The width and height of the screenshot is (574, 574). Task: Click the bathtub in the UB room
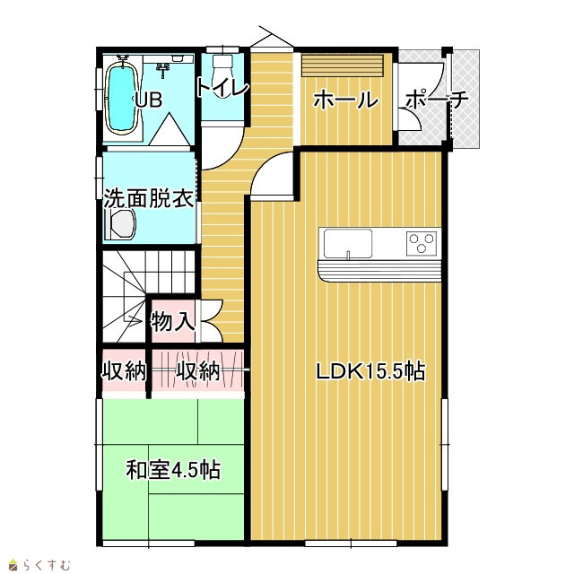(122, 98)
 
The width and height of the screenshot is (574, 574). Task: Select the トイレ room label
(223, 88)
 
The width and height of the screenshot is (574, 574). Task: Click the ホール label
(346, 100)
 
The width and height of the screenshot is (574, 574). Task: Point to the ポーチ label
(437, 99)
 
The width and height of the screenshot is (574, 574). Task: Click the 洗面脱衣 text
(148, 199)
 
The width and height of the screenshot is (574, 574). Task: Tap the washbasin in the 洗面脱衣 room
(120, 224)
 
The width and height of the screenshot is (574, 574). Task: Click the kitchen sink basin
(348, 243)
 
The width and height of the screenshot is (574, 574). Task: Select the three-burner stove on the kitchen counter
(422, 243)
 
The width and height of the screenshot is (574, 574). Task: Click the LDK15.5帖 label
(370, 371)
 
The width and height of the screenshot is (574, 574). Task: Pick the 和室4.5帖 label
(173, 470)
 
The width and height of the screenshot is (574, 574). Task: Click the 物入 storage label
(172, 322)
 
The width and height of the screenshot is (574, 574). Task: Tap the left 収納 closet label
(124, 371)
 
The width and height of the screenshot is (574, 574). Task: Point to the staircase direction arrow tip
(143, 321)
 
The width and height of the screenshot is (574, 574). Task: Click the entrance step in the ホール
(343, 65)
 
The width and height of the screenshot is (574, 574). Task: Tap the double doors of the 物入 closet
(212, 321)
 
